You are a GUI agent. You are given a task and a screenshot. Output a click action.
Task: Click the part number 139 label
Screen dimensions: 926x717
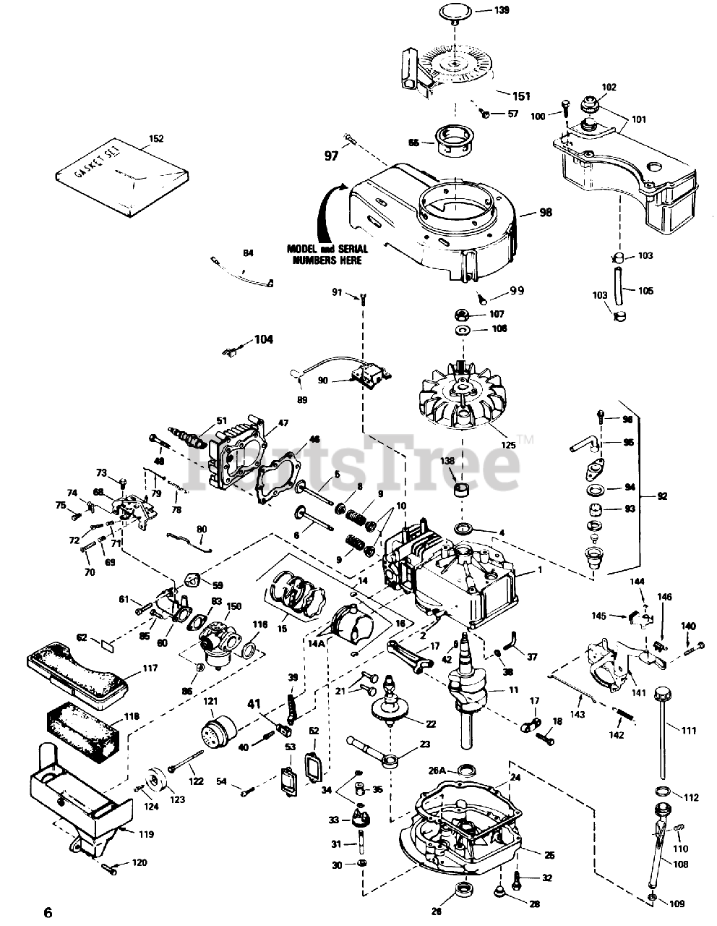click(501, 9)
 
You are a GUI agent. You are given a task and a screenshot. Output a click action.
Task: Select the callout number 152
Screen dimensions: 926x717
click(156, 139)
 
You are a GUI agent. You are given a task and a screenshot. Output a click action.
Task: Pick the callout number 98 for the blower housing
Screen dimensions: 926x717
click(545, 212)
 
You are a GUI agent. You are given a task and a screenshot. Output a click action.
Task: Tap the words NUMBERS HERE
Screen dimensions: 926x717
click(328, 260)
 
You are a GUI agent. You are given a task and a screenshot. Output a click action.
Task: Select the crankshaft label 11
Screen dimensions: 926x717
click(514, 690)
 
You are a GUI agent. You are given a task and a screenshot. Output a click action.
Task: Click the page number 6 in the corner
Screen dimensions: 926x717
click(48, 912)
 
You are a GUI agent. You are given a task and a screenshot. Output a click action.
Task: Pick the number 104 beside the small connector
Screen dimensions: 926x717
click(264, 339)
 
